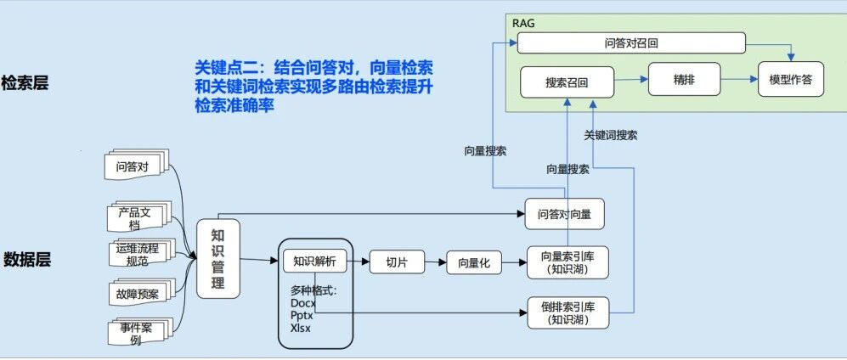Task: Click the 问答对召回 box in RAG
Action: pos(631,43)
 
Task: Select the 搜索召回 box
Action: pos(567,82)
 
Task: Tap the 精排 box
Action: pos(684,79)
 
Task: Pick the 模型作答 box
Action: pos(790,79)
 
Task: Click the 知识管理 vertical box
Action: pos(217,258)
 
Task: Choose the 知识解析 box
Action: pos(314,262)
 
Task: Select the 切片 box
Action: pos(397,262)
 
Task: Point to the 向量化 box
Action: pos(474,263)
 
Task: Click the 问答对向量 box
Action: pos(564,214)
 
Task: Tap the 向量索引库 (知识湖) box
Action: pos(567,262)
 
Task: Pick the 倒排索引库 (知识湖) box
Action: pos(567,313)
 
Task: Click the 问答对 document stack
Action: pos(136,166)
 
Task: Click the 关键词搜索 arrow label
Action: pos(611,135)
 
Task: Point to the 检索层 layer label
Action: pos(25,83)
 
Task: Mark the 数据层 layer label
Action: pos(27,260)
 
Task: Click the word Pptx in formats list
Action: pos(302,315)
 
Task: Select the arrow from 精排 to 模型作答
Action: pos(739,79)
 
